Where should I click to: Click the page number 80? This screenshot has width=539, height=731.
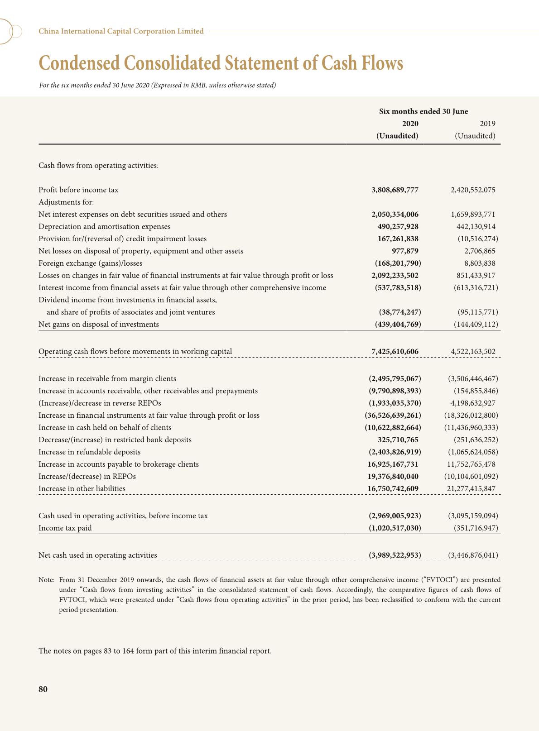pyautogui.click(x=43, y=689)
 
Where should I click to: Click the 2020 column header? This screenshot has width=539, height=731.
pyautogui.click(x=410, y=124)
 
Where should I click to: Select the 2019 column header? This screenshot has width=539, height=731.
pyautogui.click(x=487, y=124)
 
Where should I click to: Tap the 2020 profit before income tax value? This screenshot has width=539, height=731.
pyautogui.click(x=395, y=190)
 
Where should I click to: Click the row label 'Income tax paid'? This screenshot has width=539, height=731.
pyautogui.click(x=65, y=528)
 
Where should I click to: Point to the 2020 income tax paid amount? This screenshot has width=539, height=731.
pyautogui.click(x=395, y=528)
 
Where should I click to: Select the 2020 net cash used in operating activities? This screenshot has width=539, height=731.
pyautogui.click(x=395, y=555)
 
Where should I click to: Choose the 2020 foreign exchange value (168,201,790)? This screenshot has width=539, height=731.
pyautogui.click(x=398, y=263)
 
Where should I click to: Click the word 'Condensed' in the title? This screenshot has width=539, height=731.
pyautogui.click(x=79, y=63)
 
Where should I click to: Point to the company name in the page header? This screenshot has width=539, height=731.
pyautogui.click(x=121, y=31)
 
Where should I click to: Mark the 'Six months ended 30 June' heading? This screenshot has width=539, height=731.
pyautogui.click(x=423, y=111)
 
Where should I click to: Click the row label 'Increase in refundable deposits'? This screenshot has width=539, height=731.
pyautogui.click(x=89, y=452)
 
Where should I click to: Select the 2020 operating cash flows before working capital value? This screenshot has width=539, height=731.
pyautogui.click(x=395, y=352)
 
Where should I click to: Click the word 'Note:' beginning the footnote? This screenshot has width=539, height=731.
pyautogui.click(x=47, y=580)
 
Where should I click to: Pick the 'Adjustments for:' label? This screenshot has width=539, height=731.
pyautogui.click(x=66, y=202)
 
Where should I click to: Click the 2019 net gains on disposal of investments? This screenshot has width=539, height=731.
pyautogui.click(x=476, y=325)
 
